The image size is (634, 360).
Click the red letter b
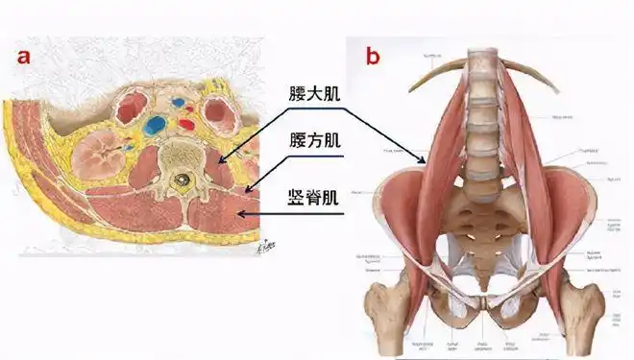click(x=373, y=54)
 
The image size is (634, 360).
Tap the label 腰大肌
click(x=315, y=95)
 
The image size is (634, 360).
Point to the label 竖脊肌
click(x=315, y=202)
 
